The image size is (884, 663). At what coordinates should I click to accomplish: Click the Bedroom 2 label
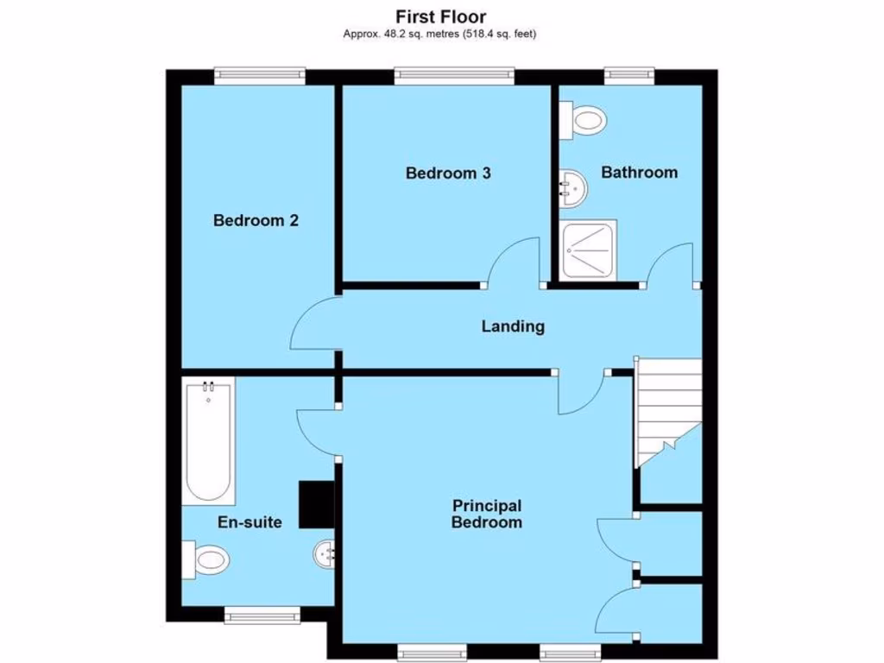point(256,221)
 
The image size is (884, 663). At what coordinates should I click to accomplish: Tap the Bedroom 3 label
point(448,174)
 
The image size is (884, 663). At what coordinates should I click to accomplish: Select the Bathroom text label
point(639,173)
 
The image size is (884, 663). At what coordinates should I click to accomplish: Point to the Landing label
point(513,326)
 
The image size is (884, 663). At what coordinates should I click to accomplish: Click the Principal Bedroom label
point(487,514)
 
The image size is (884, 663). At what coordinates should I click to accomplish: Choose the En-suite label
point(249,522)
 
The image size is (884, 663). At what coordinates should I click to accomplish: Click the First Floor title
point(441,16)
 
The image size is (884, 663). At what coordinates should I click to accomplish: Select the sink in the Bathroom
point(572,186)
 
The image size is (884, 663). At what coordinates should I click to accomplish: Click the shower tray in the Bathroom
point(589,249)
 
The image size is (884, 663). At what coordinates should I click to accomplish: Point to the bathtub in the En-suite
point(209,442)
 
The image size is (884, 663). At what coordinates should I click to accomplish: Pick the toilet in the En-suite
point(208,559)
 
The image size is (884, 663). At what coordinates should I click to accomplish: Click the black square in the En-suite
point(315,503)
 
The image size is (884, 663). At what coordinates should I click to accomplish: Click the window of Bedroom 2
point(260,76)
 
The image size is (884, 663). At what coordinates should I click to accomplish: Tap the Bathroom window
point(628,76)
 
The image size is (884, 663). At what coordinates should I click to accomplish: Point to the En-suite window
point(262,614)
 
